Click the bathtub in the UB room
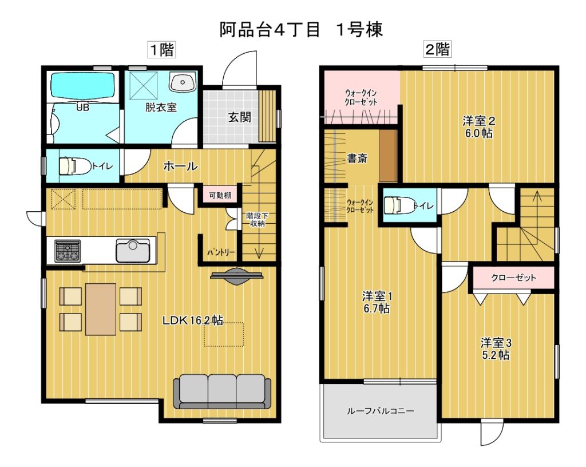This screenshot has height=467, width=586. (x=82, y=85)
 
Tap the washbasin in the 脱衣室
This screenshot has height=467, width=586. (x=183, y=81)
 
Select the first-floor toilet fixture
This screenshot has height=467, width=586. (x=75, y=165)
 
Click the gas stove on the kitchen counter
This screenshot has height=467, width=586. (x=68, y=251)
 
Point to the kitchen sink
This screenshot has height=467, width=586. (x=133, y=250)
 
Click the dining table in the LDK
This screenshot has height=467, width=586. (x=101, y=310)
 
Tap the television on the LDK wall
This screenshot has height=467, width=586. (x=237, y=276)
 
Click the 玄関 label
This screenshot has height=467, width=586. (x=240, y=117)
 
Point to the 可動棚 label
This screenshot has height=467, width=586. (x=220, y=195)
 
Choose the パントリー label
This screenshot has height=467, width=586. (x=221, y=252)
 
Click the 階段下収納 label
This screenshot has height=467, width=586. (x=257, y=219)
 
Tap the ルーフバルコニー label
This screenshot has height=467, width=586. (x=381, y=411)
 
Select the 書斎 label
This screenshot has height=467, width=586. (x=357, y=159)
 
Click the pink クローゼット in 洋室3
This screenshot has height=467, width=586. (x=513, y=278)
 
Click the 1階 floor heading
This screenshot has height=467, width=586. (x=162, y=49)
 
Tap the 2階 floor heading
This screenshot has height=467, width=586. (x=437, y=49)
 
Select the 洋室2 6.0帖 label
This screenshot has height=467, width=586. (x=479, y=126)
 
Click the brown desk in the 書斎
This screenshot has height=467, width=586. (x=389, y=156)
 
